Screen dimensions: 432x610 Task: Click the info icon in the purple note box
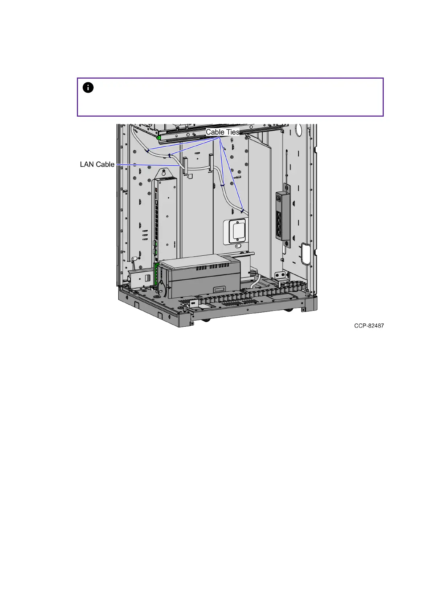[88, 88]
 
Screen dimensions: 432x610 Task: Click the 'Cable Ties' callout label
[223, 132]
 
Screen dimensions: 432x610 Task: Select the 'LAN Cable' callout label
[97, 164]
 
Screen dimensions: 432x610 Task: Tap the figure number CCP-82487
[369, 326]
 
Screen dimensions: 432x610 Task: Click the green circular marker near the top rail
[159, 138]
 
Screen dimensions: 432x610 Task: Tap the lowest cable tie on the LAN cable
[242, 210]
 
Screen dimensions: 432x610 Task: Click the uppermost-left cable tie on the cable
[148, 150]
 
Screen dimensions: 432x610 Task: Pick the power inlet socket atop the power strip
[280, 198]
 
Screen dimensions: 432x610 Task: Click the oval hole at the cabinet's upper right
[299, 130]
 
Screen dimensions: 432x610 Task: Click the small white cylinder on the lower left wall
[134, 259]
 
